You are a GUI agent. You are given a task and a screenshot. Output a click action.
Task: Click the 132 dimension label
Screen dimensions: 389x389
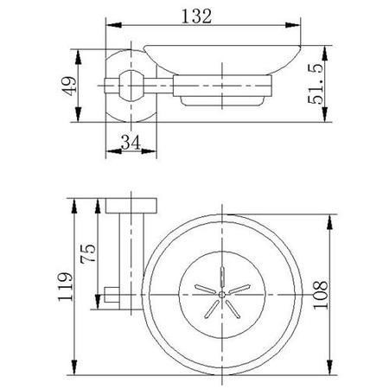[196, 16]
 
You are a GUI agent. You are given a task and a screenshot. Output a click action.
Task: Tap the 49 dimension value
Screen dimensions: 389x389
[69, 86]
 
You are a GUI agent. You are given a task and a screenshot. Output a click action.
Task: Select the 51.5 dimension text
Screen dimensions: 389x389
[316, 84]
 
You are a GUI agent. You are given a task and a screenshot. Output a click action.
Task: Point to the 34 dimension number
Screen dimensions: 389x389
[131, 143]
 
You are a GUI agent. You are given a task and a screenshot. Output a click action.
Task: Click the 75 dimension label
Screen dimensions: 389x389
[88, 253]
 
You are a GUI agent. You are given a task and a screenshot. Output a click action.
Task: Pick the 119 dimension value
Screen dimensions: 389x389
[66, 286]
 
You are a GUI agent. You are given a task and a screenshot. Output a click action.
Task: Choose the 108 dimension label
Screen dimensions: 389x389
[321, 295]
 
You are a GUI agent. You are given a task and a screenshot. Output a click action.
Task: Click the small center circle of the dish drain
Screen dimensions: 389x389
[222, 295]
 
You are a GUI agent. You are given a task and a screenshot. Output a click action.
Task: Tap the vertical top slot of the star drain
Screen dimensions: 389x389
[222, 277]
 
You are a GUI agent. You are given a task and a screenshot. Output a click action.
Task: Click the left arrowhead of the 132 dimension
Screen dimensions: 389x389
[114, 25]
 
